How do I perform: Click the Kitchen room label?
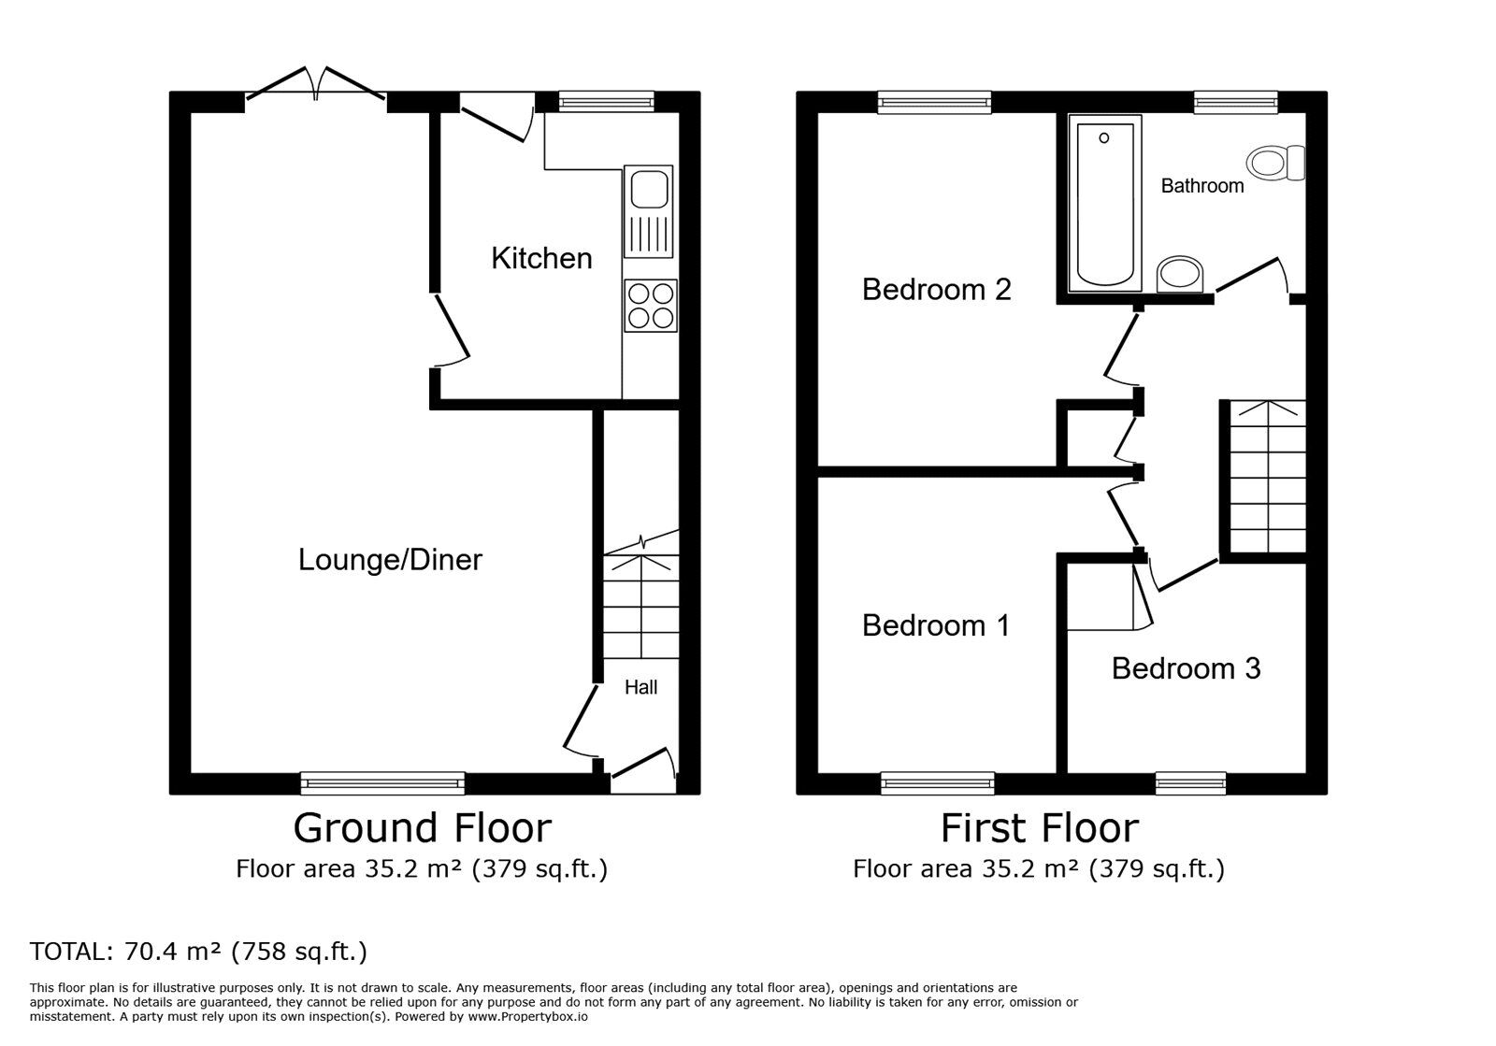[x=541, y=258]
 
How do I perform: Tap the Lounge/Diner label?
[x=390, y=559]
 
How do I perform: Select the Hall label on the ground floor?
[x=641, y=687]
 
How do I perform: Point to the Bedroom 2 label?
[x=936, y=290]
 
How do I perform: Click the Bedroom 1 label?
[x=936, y=625]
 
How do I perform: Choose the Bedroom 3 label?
[x=1187, y=669]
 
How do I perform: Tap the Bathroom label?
[x=1202, y=186]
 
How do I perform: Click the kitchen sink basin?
[x=649, y=189]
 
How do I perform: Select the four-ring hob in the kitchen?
[x=651, y=306]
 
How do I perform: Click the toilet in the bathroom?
[x=1275, y=163]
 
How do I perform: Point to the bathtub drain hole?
[x=1104, y=138]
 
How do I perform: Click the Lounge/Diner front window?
[x=382, y=783]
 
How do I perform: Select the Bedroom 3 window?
[x=1191, y=783]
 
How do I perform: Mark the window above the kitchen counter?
[x=607, y=102]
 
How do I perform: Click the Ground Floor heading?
[x=422, y=828]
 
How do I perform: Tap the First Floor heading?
[x=1039, y=828]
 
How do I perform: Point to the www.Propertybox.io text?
[x=527, y=1017]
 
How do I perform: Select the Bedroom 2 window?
[x=934, y=102]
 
